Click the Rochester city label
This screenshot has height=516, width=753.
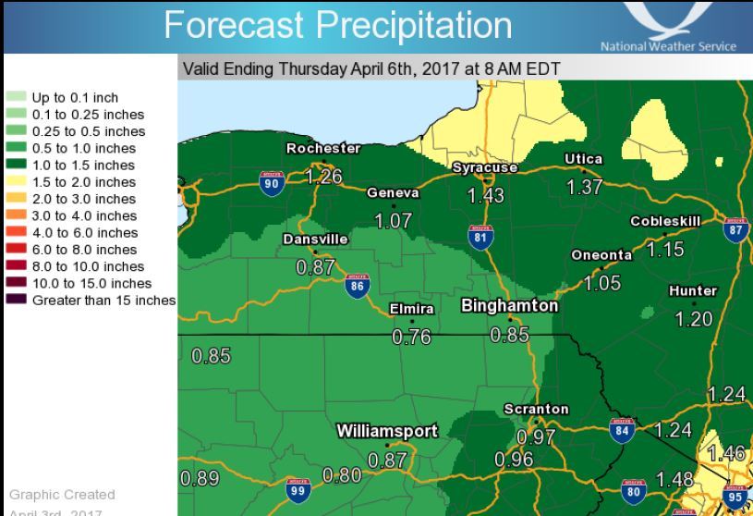click(x=323, y=148)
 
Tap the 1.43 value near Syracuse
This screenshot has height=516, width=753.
click(x=485, y=196)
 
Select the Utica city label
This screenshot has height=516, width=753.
click(x=583, y=159)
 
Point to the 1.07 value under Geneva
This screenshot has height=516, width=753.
click(x=394, y=221)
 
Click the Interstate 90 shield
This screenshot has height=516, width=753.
click(x=272, y=184)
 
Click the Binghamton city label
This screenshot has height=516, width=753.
click(x=510, y=305)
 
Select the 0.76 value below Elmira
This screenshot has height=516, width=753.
click(x=412, y=338)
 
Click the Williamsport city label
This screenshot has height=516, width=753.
click(x=386, y=431)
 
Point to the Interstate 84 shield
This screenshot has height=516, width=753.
click(x=622, y=430)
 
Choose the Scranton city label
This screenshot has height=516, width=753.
click(x=536, y=409)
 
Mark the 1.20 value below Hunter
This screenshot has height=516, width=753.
click(x=694, y=319)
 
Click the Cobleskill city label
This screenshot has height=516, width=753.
click(x=665, y=221)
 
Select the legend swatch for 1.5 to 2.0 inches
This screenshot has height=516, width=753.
click(x=18, y=182)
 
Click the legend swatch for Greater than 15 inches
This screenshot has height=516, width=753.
click(x=18, y=301)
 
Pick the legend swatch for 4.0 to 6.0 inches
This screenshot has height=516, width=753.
click(x=18, y=233)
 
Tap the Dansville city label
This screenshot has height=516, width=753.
click(x=315, y=239)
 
